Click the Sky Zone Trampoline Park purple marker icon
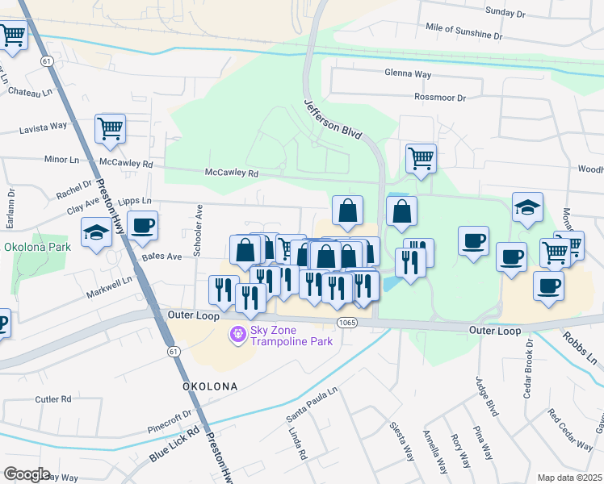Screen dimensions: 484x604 pyautogui.click(x=237, y=333)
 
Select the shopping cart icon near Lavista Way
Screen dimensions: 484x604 pyautogui.click(x=110, y=128)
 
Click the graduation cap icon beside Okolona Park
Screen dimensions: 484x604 pyautogui.click(x=96, y=233)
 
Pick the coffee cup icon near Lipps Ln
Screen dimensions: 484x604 pyautogui.click(x=142, y=226)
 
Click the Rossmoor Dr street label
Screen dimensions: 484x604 pyautogui.click(x=440, y=98)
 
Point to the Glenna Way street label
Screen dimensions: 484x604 pyautogui.click(x=409, y=73)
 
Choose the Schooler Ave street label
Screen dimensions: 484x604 pyautogui.click(x=199, y=231)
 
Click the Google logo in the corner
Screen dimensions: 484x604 pyautogui.click(x=27, y=474)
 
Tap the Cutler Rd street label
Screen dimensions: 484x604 pyautogui.click(x=54, y=399)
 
